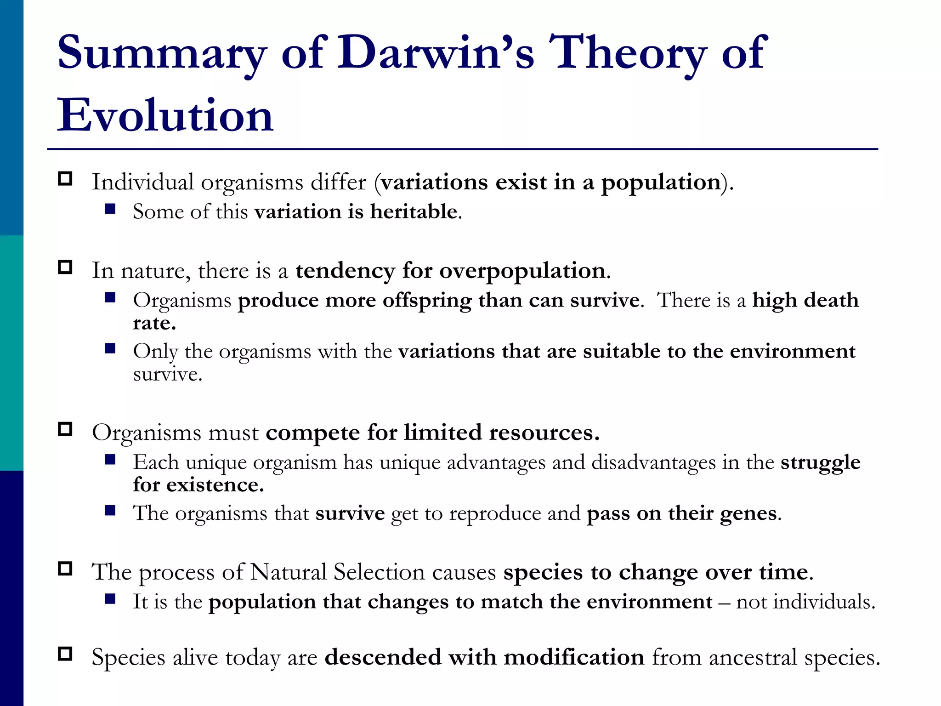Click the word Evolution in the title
[x=165, y=115]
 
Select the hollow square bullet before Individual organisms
[x=65, y=179]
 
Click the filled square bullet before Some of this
[x=110, y=209]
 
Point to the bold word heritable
[x=414, y=212]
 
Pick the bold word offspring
[x=427, y=301]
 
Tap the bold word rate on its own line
[x=153, y=323]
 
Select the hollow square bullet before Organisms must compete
[x=65, y=429]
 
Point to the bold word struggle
[x=820, y=462]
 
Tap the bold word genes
[x=748, y=513]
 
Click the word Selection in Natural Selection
[x=379, y=573]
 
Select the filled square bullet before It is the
[x=110, y=598]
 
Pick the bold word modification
[x=574, y=657]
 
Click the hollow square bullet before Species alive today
[x=65, y=654]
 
